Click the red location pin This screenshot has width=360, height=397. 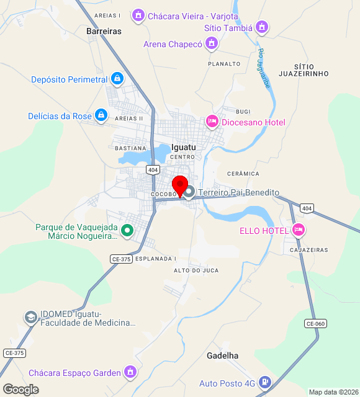(x=180, y=185)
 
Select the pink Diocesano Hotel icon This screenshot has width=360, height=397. (x=212, y=122)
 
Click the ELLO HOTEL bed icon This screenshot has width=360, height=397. (x=299, y=230)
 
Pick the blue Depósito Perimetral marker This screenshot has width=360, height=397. (x=117, y=79)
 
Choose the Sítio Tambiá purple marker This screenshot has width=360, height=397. (x=263, y=27)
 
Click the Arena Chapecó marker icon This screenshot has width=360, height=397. (x=212, y=43)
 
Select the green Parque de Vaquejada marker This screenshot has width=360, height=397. (x=127, y=231)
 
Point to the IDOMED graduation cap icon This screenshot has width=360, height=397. (x=30, y=318)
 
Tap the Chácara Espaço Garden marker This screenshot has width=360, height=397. (x=130, y=372)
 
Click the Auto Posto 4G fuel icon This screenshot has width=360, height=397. (x=265, y=383)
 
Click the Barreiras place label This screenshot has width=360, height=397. (x=104, y=30)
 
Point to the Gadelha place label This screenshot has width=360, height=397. (x=222, y=355)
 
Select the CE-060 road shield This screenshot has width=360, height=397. (x=315, y=323)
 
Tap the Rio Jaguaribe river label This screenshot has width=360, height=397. (x=264, y=68)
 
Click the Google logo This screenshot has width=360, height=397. (x=20, y=390)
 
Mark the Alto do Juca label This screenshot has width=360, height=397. (x=196, y=270)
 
